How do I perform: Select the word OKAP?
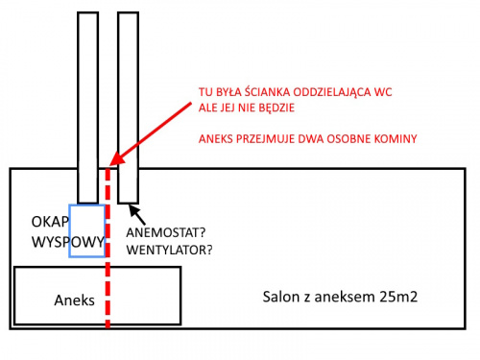coord(49,223)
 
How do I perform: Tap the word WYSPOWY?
coord(67,243)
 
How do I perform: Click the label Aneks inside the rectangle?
coord(74,300)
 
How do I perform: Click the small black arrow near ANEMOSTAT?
coord(134,210)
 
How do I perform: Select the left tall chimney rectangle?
coord(87,106)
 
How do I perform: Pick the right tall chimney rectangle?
coord(128,106)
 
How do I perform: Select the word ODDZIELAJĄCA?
coord(335,91)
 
